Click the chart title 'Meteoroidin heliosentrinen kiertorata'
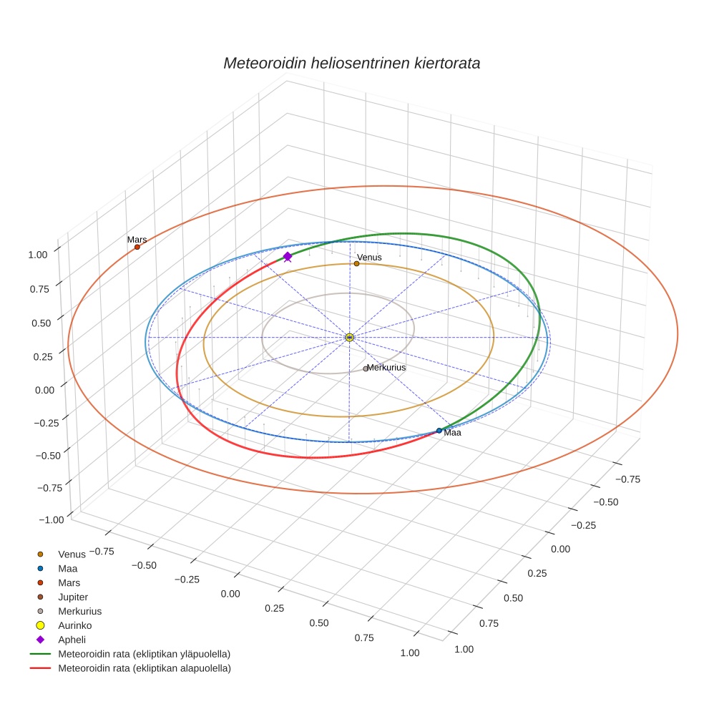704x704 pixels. point(351,63)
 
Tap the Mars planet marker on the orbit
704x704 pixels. point(137,247)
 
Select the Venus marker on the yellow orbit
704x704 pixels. point(356,263)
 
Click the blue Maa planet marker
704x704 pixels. point(439,431)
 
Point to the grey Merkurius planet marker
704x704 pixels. point(366,368)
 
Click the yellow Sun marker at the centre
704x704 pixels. point(349,338)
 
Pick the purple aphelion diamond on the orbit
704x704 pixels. point(288,256)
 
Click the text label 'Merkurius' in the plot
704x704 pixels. point(386,367)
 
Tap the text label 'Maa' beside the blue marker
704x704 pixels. point(452,433)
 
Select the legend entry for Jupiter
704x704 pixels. point(72,597)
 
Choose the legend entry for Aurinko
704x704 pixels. point(74,625)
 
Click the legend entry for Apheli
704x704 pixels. point(72,640)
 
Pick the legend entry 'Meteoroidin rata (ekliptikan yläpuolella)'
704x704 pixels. point(144,654)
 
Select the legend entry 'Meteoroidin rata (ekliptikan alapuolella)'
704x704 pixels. point(144,668)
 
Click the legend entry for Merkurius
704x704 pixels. point(79,611)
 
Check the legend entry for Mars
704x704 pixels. point(69,582)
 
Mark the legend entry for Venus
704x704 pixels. point(72,554)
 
